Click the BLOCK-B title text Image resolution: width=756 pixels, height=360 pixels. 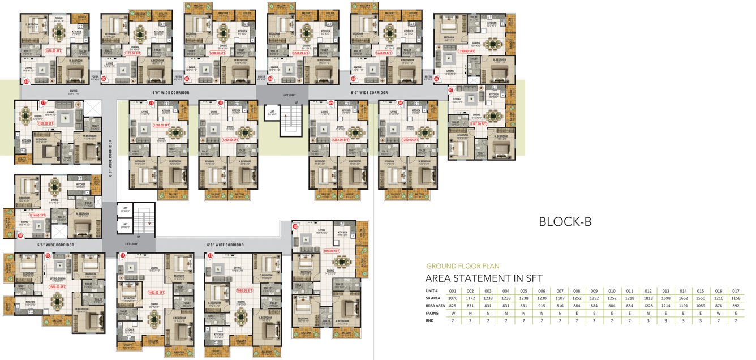pos(565,222)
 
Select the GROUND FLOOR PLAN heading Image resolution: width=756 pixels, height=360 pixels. pos(463,266)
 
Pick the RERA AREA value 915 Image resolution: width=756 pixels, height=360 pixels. pos(542,305)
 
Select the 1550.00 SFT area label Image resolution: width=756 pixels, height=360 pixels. pos(57,287)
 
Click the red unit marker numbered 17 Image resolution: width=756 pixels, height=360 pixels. pos(43,103)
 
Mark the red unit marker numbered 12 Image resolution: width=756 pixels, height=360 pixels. pos(295,226)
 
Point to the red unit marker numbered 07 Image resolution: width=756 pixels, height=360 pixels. pos(451,89)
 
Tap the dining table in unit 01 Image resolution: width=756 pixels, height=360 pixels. pos(59,32)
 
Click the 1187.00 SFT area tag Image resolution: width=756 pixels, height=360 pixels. pos(478,123)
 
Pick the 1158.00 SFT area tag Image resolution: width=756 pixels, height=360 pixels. pos(44,122)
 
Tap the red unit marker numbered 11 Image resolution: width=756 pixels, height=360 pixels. pos(151,103)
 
